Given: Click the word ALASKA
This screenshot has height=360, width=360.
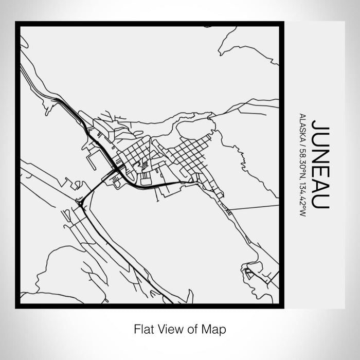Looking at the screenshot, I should pos(302,124).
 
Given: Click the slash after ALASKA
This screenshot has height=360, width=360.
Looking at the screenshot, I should pos(302,137).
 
